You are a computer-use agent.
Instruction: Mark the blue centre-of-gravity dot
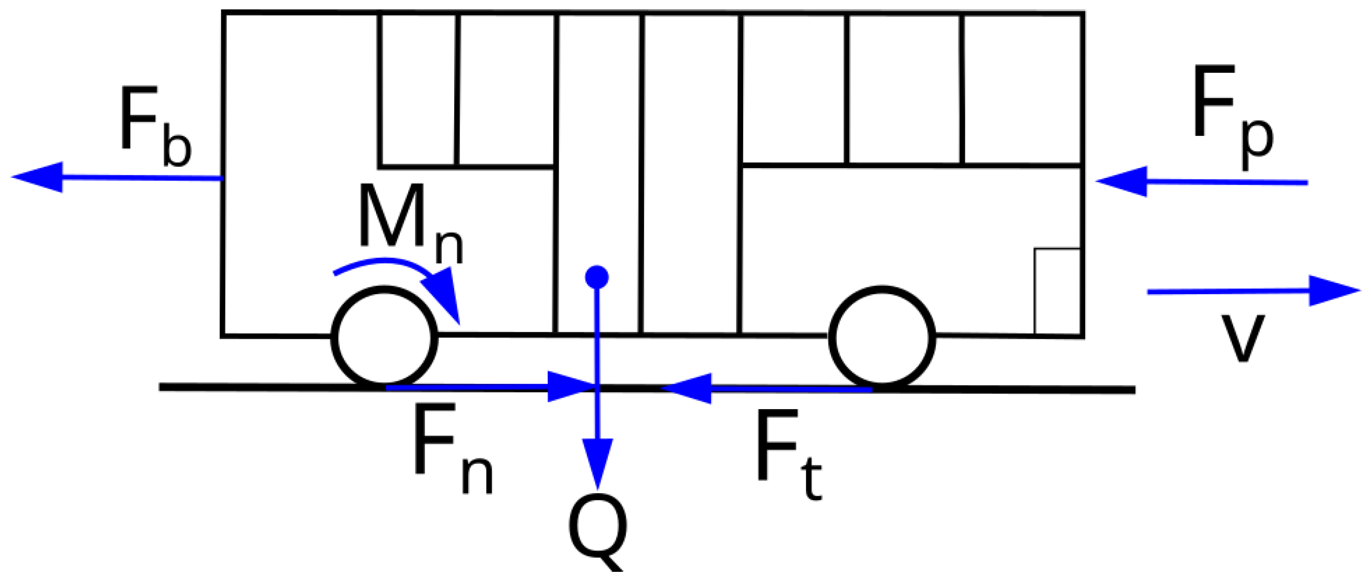pos(597,277)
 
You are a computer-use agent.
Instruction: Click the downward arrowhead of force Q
pos(598,461)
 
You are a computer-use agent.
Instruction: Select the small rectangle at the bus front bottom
pos(1057,291)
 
